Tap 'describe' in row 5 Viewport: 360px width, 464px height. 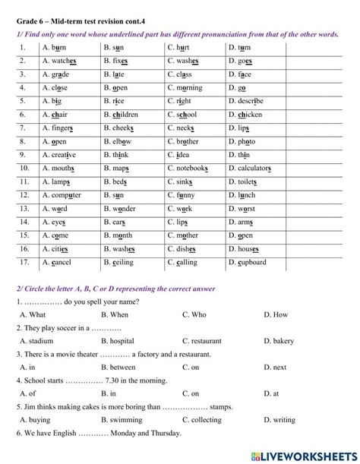251,100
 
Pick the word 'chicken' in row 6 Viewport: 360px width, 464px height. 250,114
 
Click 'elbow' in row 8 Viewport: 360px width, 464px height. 122,140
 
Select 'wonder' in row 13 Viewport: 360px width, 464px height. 124,208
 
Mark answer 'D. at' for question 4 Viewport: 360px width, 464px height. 271,393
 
